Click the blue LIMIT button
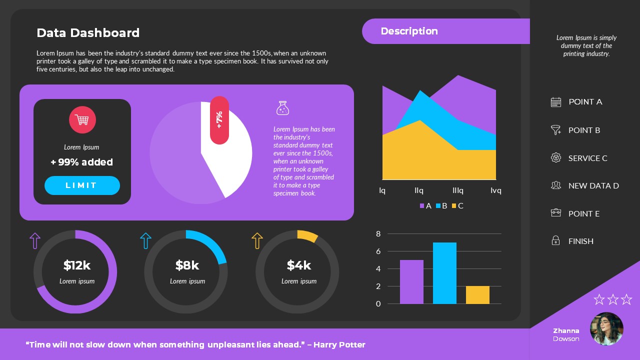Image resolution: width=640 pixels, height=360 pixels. [x=82, y=185]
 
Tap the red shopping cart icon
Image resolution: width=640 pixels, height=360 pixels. [x=82, y=120]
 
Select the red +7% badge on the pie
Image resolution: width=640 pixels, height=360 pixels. [x=219, y=120]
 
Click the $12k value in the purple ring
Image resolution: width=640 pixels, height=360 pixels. [x=77, y=265]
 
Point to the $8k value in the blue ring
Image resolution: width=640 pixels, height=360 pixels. [x=187, y=265]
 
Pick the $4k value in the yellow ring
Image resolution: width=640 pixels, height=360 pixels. [x=298, y=265]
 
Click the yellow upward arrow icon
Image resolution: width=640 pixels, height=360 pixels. [x=257, y=240]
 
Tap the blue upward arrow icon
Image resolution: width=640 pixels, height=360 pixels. [x=145, y=240]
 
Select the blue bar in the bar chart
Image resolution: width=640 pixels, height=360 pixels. [x=444, y=273]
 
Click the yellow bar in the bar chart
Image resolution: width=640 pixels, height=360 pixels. [x=477, y=295]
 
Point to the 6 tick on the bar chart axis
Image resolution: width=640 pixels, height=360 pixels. [x=378, y=251]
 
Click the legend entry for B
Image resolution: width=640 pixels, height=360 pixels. [x=441, y=206]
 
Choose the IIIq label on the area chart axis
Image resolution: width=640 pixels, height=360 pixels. [x=458, y=190]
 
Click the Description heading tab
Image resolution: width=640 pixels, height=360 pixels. [x=409, y=31]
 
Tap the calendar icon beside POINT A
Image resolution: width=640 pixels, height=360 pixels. [x=556, y=102]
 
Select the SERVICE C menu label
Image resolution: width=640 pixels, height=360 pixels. [x=587, y=158]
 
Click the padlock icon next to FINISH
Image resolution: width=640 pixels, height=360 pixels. [x=555, y=241]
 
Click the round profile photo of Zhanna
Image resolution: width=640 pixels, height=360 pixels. [x=606, y=329]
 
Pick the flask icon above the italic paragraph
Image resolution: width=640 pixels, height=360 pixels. [x=283, y=108]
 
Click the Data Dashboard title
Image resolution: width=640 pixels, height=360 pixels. [x=88, y=33]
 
